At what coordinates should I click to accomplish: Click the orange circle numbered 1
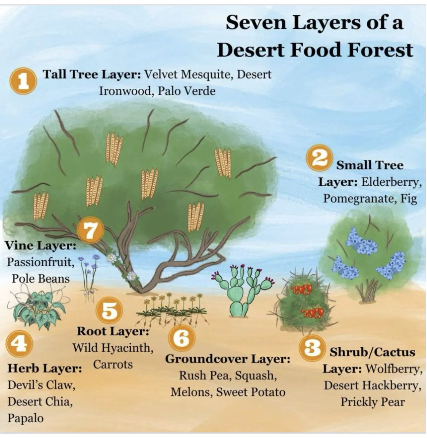[23, 80]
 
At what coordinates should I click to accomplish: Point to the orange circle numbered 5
[109, 310]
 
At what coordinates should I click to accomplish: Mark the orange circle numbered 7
[90, 230]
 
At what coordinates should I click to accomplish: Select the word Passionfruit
[41, 262]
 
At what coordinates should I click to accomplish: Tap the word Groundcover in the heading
[207, 359]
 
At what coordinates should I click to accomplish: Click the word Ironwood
[126, 91]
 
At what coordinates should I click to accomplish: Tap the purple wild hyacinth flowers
[89, 277]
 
